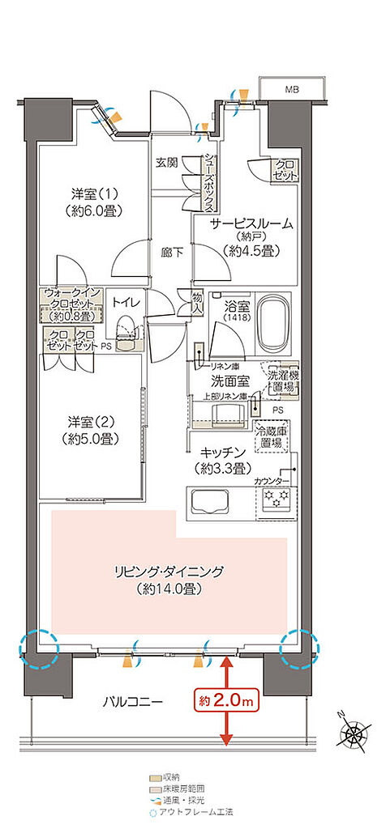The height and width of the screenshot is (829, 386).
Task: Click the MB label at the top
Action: (x=290, y=88)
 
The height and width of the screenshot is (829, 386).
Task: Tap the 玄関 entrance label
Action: (x=167, y=162)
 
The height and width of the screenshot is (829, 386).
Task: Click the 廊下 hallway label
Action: (x=169, y=251)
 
